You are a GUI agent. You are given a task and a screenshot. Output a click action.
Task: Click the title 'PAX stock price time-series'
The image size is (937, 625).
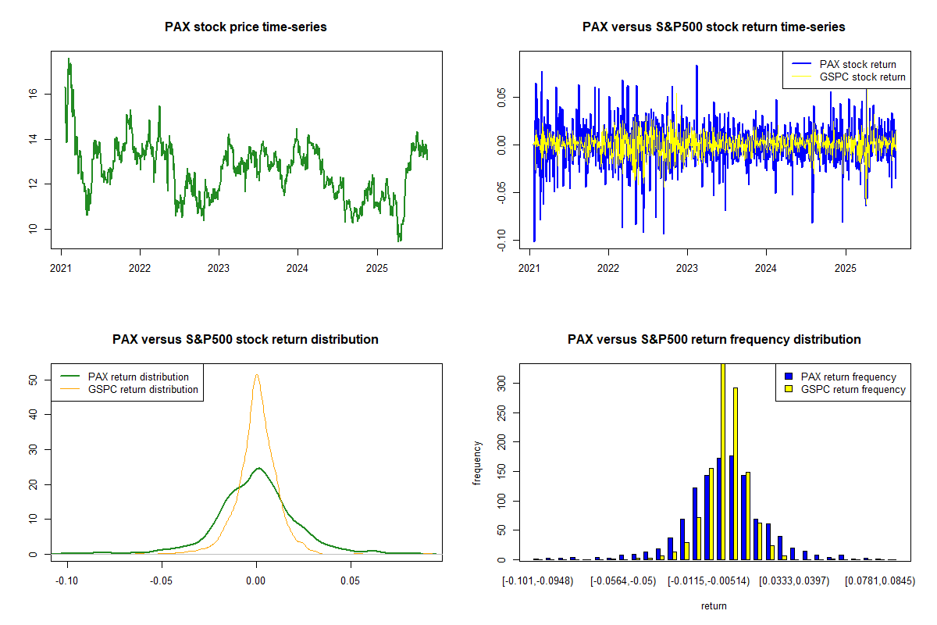coord(246,27)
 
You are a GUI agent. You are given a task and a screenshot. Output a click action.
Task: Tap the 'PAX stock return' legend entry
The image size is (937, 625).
coord(857,64)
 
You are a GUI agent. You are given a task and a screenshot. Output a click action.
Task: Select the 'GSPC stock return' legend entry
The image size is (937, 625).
coord(862,77)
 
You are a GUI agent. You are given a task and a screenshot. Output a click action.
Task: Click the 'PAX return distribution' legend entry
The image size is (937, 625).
coord(138,377)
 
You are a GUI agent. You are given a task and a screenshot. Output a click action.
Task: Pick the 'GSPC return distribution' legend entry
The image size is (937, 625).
coord(143,389)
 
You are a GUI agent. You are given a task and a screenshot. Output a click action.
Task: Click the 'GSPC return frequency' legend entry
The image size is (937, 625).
coord(853,389)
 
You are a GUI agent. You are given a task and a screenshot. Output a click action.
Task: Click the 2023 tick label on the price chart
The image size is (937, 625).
coord(219,265)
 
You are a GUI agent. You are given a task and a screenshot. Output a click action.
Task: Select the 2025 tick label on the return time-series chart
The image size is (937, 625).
coord(846,265)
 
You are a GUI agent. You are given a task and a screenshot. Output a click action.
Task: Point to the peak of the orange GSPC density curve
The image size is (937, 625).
coord(257,374)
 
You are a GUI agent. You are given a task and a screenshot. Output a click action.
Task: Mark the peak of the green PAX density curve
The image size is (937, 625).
coord(258,468)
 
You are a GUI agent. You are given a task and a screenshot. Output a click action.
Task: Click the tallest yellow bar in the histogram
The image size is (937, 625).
coord(723,461)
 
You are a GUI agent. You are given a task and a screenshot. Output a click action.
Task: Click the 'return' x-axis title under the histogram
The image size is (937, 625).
coord(714,605)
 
